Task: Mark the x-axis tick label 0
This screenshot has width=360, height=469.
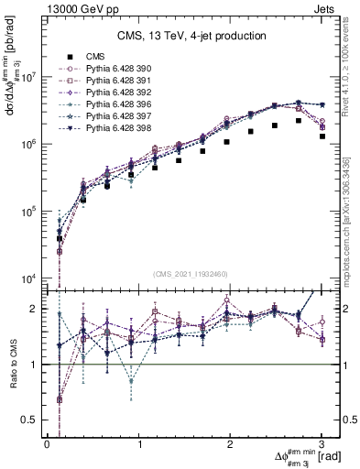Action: tap(47, 443)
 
